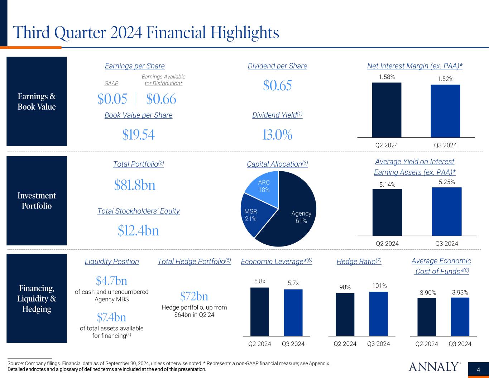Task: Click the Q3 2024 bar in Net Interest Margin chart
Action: point(445,111)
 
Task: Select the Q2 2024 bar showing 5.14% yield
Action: point(387,212)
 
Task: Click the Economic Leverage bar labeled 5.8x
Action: point(260,312)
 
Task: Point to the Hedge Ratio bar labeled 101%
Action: point(379,314)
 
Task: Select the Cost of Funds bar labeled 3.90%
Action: point(427,317)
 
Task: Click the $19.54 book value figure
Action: point(138,135)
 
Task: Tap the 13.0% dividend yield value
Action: point(277,135)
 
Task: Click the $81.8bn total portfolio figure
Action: point(135,185)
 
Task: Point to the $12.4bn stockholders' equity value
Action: point(138,231)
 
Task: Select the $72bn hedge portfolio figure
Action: point(194,296)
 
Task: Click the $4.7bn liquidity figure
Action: point(111,280)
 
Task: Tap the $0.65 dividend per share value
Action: point(277,85)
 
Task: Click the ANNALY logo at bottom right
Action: point(434,367)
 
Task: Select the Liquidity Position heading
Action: point(112,262)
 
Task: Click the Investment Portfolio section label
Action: point(37,201)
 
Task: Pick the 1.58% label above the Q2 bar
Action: point(387,77)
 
